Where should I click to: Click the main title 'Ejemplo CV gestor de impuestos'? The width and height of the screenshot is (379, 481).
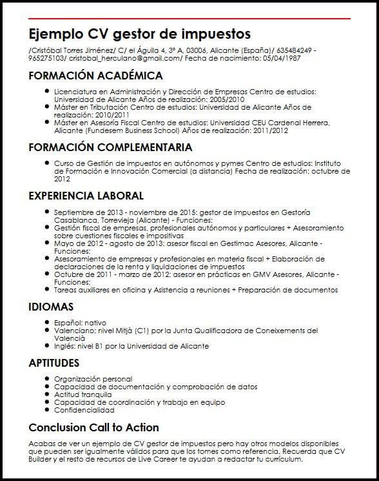[x=140, y=34]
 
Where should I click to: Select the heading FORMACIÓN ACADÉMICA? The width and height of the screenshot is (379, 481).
[x=95, y=76]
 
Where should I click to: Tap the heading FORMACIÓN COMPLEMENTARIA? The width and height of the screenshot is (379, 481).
[x=110, y=147]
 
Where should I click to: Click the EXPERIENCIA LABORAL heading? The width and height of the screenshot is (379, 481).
[x=86, y=196]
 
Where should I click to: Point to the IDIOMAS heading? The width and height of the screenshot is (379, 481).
[x=51, y=307]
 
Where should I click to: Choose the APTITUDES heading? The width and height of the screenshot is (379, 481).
[x=54, y=363]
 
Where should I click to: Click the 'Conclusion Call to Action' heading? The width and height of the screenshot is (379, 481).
[x=93, y=427]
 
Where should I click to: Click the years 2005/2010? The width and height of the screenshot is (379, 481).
[x=227, y=100]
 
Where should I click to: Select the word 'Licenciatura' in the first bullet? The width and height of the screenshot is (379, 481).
[x=73, y=92]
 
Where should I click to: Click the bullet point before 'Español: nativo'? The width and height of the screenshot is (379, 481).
[x=47, y=322]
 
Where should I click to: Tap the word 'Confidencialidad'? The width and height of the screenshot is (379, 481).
[x=84, y=410]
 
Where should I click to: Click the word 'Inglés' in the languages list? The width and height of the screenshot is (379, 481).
[x=65, y=346]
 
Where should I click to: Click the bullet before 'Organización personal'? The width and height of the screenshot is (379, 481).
[x=47, y=379]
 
